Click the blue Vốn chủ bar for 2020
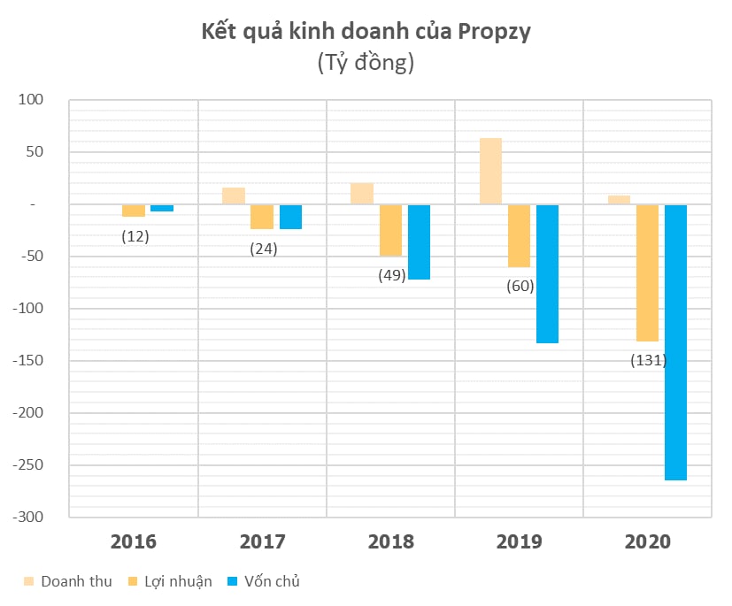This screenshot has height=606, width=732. tap(675, 342)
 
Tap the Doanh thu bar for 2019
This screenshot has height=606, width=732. tap(490, 171)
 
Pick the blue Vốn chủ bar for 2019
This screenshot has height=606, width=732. tap(547, 273)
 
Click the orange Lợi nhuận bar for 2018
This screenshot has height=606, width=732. tap(390, 230)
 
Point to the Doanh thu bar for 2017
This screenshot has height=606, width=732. tap(234, 196)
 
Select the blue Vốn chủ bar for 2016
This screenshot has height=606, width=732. tap(162, 208)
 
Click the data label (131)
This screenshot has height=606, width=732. tap(648, 360)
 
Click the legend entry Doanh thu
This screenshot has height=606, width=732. tap(70, 581)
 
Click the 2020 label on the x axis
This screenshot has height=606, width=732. tap(648, 541)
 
